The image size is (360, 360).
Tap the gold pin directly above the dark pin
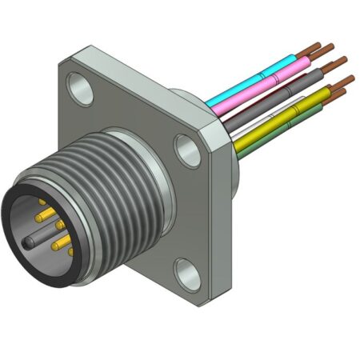click(x=42, y=217)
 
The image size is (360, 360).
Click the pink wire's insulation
click(x=264, y=80)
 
